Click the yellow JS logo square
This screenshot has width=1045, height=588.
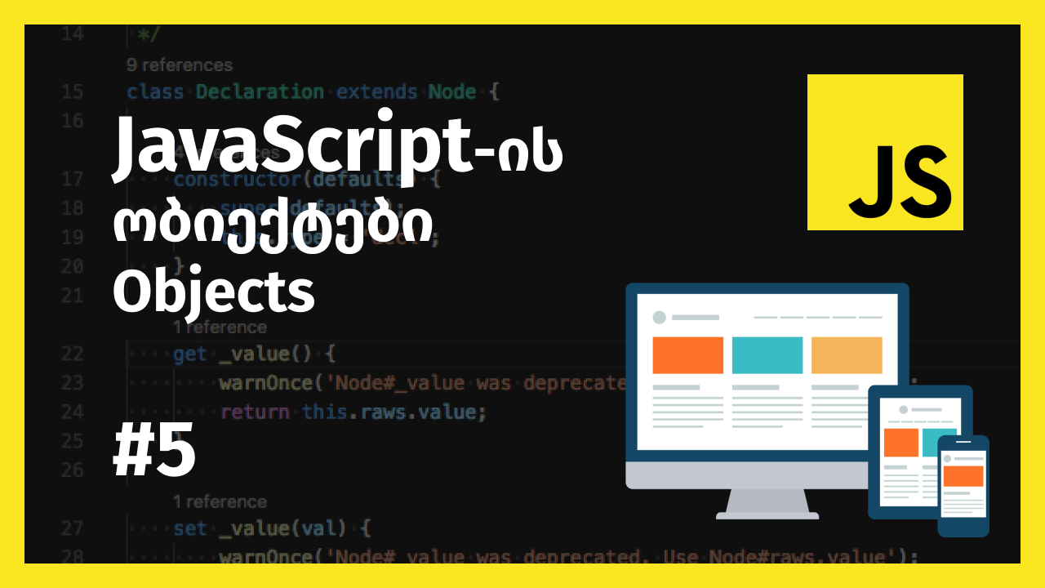pos(885,152)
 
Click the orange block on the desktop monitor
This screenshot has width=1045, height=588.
pos(687,355)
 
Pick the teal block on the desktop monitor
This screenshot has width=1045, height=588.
pos(767,355)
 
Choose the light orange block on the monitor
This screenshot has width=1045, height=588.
pos(847,355)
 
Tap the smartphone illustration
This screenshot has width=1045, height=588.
pos(963,486)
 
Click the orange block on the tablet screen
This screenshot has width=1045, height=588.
pos(900,443)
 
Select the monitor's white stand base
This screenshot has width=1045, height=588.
pos(767,514)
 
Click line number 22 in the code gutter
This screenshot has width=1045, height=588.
pos(73,354)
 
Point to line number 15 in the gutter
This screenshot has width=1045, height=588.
pos(73,91)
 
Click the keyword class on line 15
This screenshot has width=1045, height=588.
pos(155,91)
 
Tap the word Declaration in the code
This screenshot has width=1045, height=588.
pos(260,91)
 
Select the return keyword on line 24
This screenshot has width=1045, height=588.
pos(255,412)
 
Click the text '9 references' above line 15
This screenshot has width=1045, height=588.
pos(180,65)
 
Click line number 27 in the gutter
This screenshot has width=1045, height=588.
pos(73,528)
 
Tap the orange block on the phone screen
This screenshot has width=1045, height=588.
pos(963,476)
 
